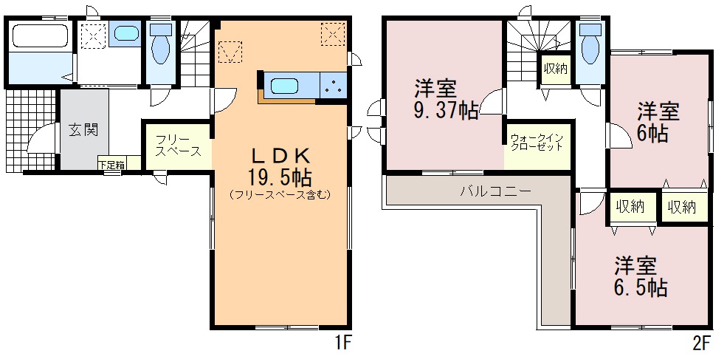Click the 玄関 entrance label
(84, 130)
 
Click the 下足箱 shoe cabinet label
(111, 164)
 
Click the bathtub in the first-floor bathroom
(41, 35)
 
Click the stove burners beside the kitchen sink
(334, 86)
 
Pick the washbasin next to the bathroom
(125, 33)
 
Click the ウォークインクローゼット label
(537, 143)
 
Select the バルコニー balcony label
(496, 191)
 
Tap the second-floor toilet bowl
(590, 48)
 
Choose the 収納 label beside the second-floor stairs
(556, 69)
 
